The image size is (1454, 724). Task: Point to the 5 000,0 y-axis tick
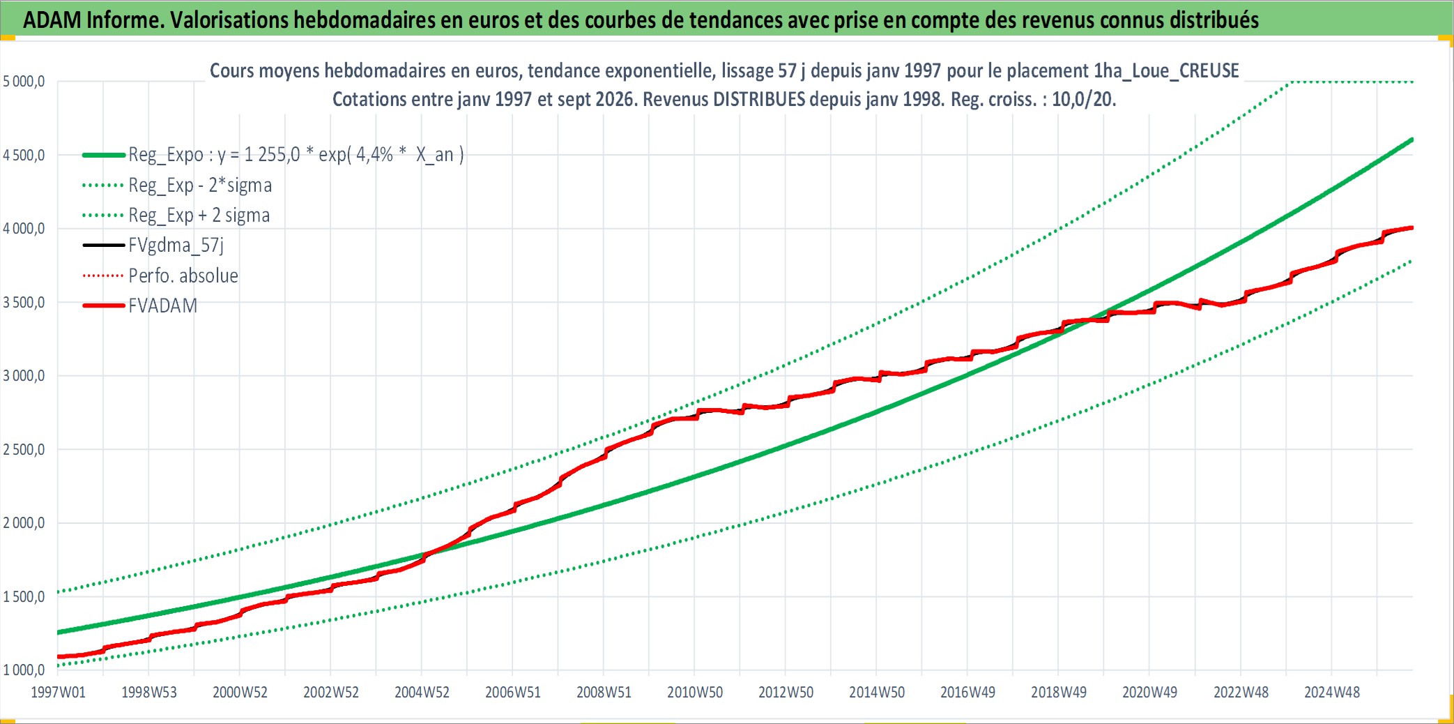[x=24, y=82]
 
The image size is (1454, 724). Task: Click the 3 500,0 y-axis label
[x=24, y=302]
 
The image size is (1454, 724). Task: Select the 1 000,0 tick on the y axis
[x=24, y=670]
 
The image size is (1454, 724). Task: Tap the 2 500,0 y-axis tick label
[x=24, y=450]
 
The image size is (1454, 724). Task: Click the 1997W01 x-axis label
[x=58, y=692]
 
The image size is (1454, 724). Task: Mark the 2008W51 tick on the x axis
[x=604, y=692]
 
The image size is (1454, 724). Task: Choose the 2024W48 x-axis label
[x=1332, y=692]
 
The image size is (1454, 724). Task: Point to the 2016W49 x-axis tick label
[x=967, y=692]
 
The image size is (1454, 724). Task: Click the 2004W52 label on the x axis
[x=422, y=692]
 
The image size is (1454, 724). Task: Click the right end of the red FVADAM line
[x=1412, y=227]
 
